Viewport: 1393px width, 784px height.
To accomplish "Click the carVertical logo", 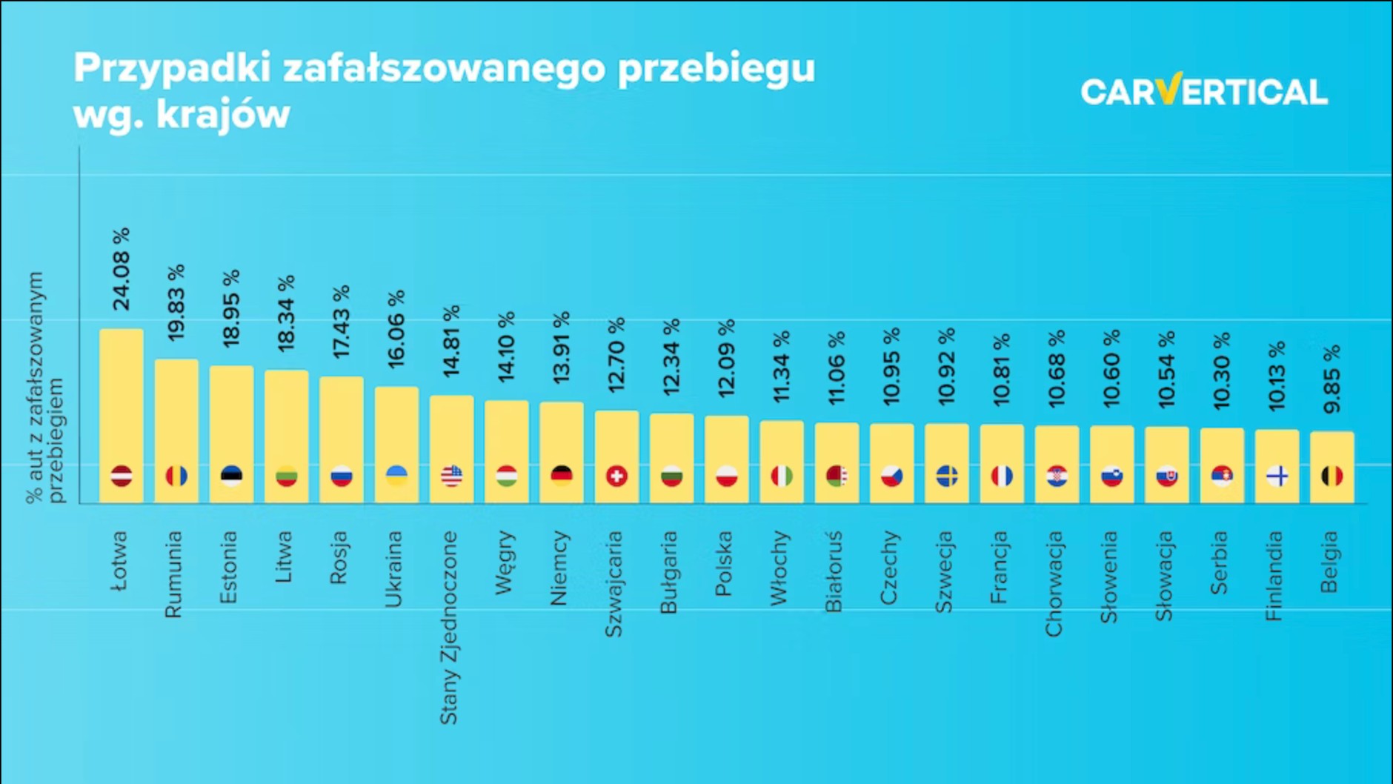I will [x=1203, y=91].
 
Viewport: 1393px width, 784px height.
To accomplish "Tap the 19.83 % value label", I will [x=176, y=303].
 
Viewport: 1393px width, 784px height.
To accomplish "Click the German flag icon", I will [x=562, y=475].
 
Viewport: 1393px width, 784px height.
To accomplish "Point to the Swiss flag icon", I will [x=616, y=476].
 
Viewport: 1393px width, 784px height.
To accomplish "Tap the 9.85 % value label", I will [x=1332, y=379].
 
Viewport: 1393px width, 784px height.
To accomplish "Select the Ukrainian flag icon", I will [x=396, y=475].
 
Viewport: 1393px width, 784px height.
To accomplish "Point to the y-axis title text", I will [x=44, y=388].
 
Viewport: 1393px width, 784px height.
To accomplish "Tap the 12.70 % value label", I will [x=616, y=356].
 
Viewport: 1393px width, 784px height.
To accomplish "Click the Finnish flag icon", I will [x=1277, y=476].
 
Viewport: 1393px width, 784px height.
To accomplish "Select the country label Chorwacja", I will [x=1054, y=583].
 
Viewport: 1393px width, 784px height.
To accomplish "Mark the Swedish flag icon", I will [x=947, y=476].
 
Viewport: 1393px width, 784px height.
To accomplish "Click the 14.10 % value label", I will [x=507, y=347].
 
